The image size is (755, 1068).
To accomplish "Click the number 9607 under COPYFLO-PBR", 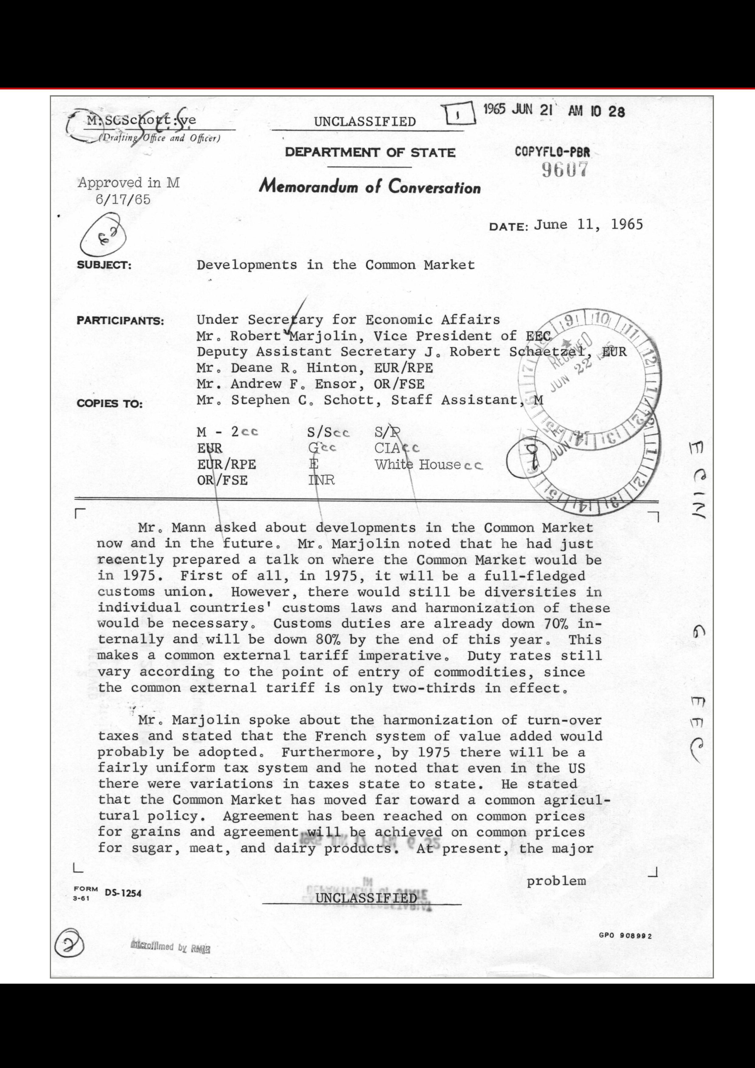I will click(565, 170).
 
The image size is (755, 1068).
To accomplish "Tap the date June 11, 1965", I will click(588, 225).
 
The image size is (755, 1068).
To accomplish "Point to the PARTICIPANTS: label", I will click(120, 321).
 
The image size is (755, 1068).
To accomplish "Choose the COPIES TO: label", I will click(110, 403).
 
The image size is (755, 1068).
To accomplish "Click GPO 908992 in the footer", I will click(625, 936).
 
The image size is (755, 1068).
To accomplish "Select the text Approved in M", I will click(128, 183).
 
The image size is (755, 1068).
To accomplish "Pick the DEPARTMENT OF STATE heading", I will click(370, 153).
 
